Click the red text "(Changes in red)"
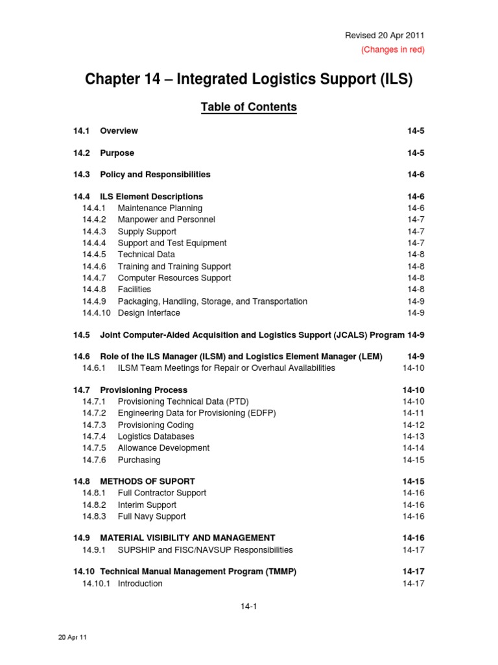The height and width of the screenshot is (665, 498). tap(392, 50)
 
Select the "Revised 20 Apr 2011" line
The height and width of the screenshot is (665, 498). tap(385, 36)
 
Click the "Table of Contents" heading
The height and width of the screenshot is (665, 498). tap(248, 107)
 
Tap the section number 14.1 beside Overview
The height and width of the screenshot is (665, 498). tap(80, 131)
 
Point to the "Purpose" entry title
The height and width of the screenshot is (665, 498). tap(117, 153)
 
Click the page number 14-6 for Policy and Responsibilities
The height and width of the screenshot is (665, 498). tap(416, 175)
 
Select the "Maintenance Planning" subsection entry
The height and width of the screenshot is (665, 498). tap(160, 208)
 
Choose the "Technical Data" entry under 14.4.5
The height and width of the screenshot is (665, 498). tap(146, 255)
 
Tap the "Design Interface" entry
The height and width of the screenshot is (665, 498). tap(148, 313)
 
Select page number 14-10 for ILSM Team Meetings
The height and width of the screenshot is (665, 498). tap(413, 368)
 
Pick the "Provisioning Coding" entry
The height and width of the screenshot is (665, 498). tap(156, 425)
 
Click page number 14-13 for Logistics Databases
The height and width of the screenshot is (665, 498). tap(413, 436)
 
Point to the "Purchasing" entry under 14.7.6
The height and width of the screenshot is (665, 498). tap(139, 460)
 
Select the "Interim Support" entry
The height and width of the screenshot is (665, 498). tap(147, 505)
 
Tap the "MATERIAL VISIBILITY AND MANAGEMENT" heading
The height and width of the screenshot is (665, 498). tap(187, 538)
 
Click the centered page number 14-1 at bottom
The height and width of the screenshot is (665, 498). tap(248, 607)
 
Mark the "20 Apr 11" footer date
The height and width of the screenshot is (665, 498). tap(73, 638)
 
